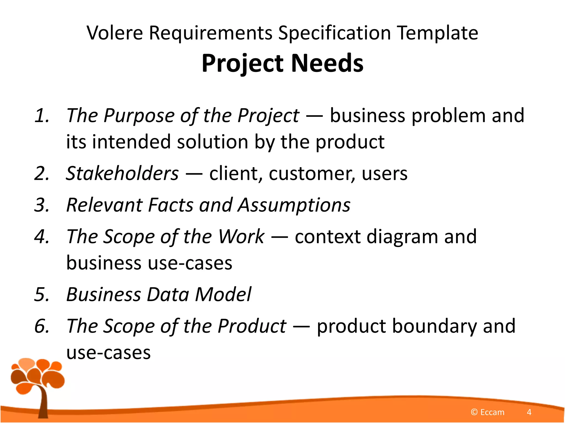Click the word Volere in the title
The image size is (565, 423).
tap(114, 33)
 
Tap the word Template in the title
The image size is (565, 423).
tap(438, 33)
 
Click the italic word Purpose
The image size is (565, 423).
tap(139, 116)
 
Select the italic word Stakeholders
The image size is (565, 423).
tap(122, 173)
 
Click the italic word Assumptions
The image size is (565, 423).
tap(294, 205)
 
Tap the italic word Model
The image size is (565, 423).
tap(223, 294)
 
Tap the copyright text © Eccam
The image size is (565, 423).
tap(487, 412)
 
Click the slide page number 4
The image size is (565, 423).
tap(529, 412)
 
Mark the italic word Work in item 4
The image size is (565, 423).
tap(241, 237)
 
